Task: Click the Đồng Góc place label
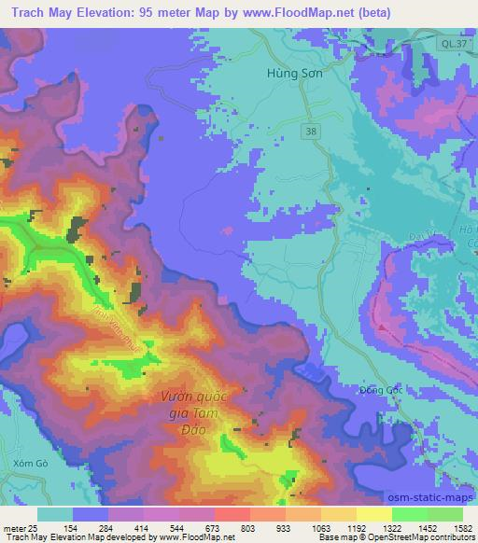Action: tap(379, 390)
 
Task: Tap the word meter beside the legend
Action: tap(11, 528)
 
